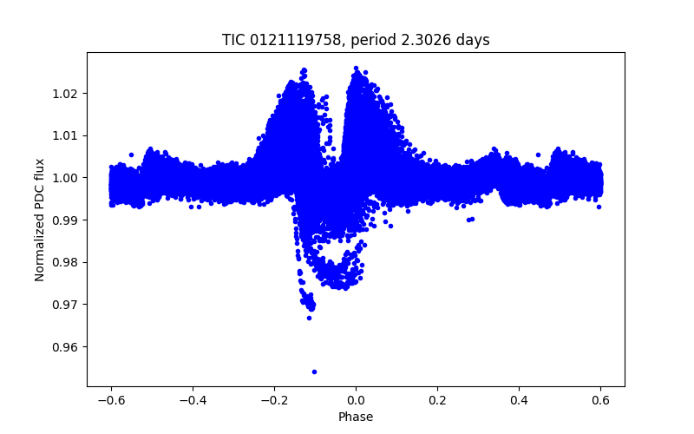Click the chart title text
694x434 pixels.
pyautogui.click(x=356, y=40)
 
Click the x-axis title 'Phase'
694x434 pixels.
pyautogui.click(x=356, y=418)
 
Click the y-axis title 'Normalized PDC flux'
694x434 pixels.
pyautogui.click(x=40, y=220)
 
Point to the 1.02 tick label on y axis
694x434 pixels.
pyautogui.click(x=65, y=94)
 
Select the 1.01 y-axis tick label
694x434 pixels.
pyautogui.click(x=65, y=136)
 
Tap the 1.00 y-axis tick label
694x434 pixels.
pyautogui.click(x=65, y=178)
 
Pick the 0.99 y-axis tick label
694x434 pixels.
pyautogui.click(x=65, y=220)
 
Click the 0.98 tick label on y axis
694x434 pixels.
pyautogui.click(x=65, y=263)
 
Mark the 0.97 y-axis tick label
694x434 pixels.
pyautogui.click(x=65, y=305)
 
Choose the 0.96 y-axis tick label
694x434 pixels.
pyautogui.click(x=65, y=347)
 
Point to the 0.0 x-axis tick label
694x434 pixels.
pyautogui.click(x=356, y=401)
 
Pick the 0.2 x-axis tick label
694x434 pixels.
pyautogui.click(x=437, y=401)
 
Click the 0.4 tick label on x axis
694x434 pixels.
pyautogui.click(x=519, y=401)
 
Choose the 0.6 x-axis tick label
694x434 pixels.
pyautogui.click(x=600, y=401)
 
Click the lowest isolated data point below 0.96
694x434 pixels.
pyautogui.click(x=314, y=372)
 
